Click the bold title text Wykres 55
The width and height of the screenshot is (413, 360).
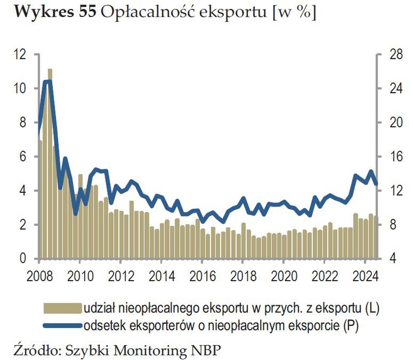tap(53, 14)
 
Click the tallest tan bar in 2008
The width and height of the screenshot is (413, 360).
tap(50, 160)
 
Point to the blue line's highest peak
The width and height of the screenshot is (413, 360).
tap(47, 81)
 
